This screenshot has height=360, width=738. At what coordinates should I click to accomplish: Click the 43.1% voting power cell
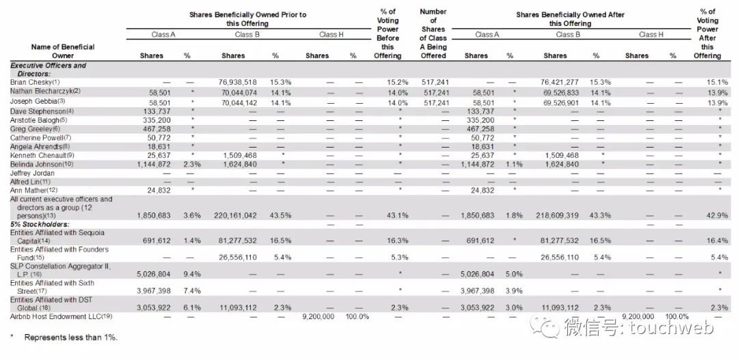pyautogui.click(x=387, y=215)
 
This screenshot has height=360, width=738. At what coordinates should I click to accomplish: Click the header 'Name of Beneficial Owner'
pyautogui.click(x=62, y=51)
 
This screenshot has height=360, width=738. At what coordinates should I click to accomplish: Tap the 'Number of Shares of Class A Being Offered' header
pyautogui.click(x=433, y=33)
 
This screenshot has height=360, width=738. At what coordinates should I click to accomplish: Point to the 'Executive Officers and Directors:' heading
pyautogui.click(x=48, y=69)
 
